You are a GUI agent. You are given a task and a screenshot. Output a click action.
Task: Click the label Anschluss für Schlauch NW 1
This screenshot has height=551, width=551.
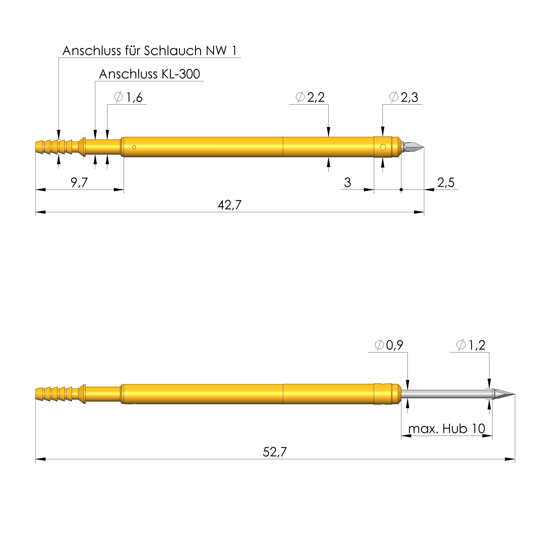tap(150, 51)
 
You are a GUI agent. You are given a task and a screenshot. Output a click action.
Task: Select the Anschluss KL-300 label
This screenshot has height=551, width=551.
tap(150, 74)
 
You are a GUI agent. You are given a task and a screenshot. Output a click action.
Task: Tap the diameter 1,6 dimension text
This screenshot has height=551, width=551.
tap(128, 98)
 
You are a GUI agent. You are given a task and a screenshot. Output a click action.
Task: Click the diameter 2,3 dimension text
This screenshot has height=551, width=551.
tap(404, 98)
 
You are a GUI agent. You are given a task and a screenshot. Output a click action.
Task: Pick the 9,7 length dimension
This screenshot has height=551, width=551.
tap(79, 182)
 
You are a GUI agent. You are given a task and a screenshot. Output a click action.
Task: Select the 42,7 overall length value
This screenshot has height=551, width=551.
tap(230, 205)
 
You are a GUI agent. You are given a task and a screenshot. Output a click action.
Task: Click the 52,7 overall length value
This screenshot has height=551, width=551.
tap(275, 452)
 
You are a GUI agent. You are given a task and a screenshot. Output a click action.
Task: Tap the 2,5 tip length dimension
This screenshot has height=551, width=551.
tap(446, 182)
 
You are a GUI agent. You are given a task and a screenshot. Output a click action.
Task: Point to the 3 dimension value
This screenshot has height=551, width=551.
tap(348, 182)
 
